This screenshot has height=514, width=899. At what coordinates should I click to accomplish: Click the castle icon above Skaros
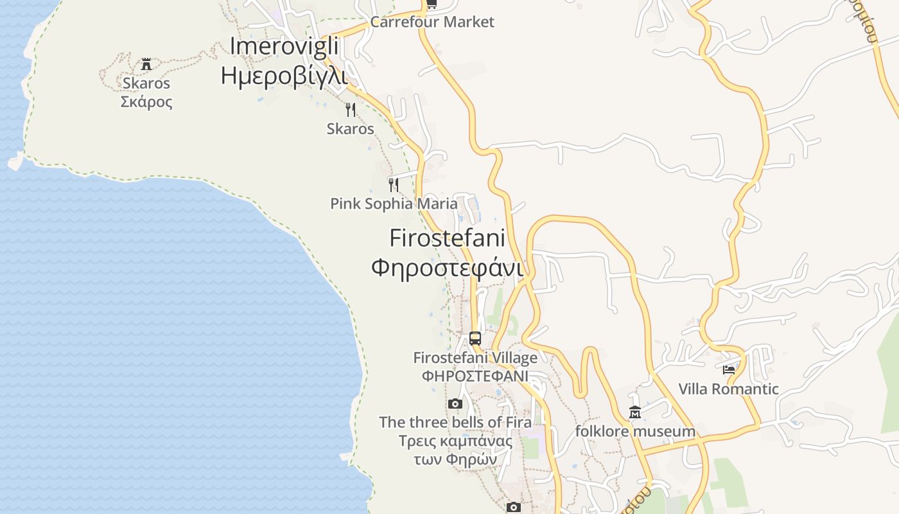click(x=146, y=64)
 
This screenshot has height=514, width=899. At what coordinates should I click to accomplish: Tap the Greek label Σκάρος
click(x=146, y=102)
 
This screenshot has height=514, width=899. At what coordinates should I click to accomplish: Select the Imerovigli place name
click(x=284, y=46)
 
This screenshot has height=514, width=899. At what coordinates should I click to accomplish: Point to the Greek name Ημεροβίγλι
click(x=284, y=76)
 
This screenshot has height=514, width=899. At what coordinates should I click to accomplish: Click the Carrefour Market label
click(x=432, y=22)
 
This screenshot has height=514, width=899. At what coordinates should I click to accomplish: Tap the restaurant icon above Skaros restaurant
click(x=350, y=110)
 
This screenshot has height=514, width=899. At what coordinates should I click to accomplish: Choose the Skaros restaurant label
click(x=350, y=128)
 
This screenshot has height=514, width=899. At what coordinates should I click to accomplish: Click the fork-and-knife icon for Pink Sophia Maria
click(x=394, y=185)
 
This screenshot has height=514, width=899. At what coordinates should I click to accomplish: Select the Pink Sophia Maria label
click(x=394, y=204)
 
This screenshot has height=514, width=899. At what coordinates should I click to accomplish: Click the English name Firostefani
click(x=447, y=238)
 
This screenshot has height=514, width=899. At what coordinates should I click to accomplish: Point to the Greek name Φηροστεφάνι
click(x=447, y=267)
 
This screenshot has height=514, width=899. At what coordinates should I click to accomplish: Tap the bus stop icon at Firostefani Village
click(x=475, y=338)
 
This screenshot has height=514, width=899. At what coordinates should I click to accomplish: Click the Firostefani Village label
click(x=475, y=357)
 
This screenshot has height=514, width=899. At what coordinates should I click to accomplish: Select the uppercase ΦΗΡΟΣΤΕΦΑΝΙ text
click(x=475, y=376)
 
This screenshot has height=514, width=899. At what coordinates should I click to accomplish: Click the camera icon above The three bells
click(x=455, y=403)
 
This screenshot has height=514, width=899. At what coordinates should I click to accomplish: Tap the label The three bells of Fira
click(x=455, y=422)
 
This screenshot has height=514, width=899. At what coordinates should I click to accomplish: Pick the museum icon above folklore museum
click(x=635, y=412)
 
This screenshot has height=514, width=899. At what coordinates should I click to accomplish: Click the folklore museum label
click(x=635, y=431)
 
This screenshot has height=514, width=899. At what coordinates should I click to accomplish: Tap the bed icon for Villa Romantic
click(x=729, y=370)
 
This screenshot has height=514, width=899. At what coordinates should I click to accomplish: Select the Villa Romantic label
click(x=729, y=389)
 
